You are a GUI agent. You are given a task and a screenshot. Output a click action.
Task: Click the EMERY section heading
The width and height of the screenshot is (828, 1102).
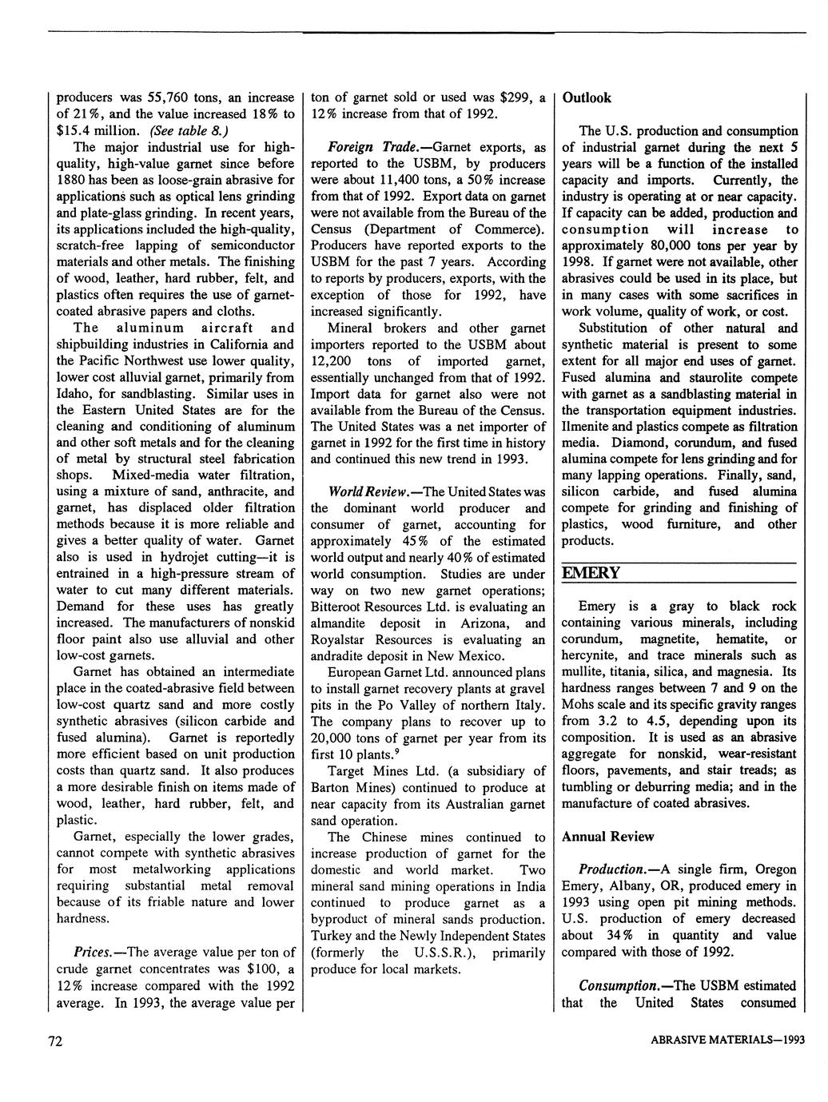[x=591, y=573]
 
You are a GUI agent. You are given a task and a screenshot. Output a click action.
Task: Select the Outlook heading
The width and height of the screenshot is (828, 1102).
[x=587, y=97]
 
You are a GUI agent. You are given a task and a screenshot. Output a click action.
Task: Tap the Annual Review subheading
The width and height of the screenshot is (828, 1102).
[x=607, y=836]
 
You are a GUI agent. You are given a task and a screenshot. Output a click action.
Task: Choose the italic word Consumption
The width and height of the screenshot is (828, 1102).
[x=619, y=985]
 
